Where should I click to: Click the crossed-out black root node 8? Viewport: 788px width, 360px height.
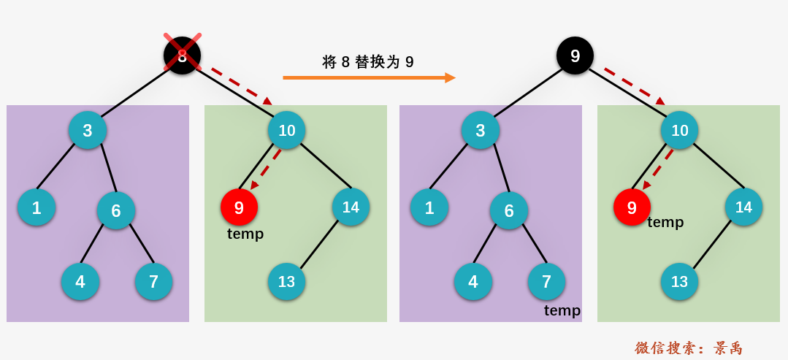click(182, 55)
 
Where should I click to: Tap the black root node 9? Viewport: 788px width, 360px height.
click(575, 55)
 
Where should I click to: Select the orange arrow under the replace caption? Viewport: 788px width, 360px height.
click(369, 77)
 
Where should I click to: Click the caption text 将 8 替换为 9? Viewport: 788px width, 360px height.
click(368, 62)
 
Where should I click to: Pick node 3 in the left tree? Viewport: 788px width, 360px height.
click(88, 130)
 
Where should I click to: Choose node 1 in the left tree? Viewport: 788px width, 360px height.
click(37, 207)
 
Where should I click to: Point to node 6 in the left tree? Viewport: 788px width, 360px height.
click(116, 210)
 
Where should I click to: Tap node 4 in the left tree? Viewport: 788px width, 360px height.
click(80, 281)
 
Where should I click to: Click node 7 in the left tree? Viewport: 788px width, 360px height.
click(153, 281)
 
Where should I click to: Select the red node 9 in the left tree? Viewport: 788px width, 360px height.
click(239, 207)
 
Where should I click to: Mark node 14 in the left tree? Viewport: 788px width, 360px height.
click(351, 207)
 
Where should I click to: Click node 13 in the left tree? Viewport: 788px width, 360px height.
click(286, 281)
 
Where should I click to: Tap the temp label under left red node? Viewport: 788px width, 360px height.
click(245, 234)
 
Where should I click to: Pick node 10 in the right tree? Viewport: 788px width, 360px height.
click(679, 130)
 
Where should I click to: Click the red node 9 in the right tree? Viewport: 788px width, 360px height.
click(632, 207)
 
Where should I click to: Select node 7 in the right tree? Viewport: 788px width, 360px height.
click(546, 281)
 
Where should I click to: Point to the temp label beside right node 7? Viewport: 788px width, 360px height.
click(562, 310)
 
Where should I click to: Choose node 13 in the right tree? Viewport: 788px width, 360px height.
click(679, 281)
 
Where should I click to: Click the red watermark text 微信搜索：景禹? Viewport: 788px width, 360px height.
click(688, 348)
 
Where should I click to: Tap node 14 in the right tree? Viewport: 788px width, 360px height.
click(743, 207)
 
